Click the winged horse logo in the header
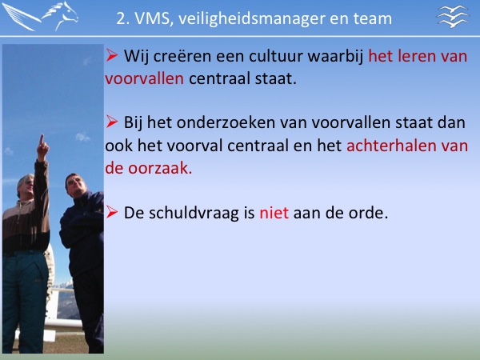tap(40, 16)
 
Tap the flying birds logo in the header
tap(453, 16)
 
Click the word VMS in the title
tap(152, 18)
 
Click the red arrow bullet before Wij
tap(112, 55)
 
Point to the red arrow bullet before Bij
tap(112, 122)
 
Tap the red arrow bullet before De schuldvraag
tap(112, 212)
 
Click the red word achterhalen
tap(391, 146)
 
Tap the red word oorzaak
tap(160, 168)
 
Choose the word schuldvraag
tap(194, 213)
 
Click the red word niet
tap(274, 213)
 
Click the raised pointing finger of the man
tap(42, 139)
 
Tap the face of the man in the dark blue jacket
tap(74, 186)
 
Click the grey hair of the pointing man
tap(24, 181)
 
